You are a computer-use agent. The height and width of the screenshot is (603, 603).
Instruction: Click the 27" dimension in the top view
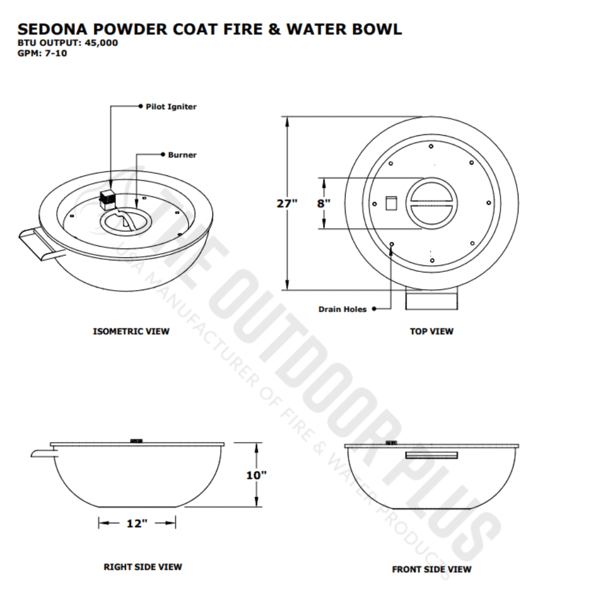coord(287,203)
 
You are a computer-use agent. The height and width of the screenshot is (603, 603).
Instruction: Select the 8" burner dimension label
coord(324,203)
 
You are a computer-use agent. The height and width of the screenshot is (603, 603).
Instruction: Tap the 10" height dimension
coord(256,475)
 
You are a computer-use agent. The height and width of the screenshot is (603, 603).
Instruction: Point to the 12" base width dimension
coord(137,524)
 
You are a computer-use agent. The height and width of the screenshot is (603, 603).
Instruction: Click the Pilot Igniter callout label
coord(171,107)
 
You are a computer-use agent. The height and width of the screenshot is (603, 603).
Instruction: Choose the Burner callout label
coord(182,155)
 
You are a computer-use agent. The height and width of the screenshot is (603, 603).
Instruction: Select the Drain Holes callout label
coord(343,309)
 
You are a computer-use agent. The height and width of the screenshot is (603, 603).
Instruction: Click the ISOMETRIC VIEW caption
coord(131,331)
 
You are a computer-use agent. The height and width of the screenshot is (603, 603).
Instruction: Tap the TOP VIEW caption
coord(432,331)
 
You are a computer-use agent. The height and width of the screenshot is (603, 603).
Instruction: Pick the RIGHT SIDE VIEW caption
coord(143,567)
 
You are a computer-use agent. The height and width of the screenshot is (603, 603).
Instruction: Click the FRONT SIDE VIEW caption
coord(432,569)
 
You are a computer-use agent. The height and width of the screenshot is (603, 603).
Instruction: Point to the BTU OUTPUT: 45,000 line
coord(68,43)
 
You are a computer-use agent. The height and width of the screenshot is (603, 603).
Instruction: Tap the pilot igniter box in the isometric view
coord(108,197)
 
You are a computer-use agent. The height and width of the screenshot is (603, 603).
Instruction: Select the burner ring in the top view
coord(432,203)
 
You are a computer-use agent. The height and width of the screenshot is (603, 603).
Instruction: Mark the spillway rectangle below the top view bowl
coord(432,300)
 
